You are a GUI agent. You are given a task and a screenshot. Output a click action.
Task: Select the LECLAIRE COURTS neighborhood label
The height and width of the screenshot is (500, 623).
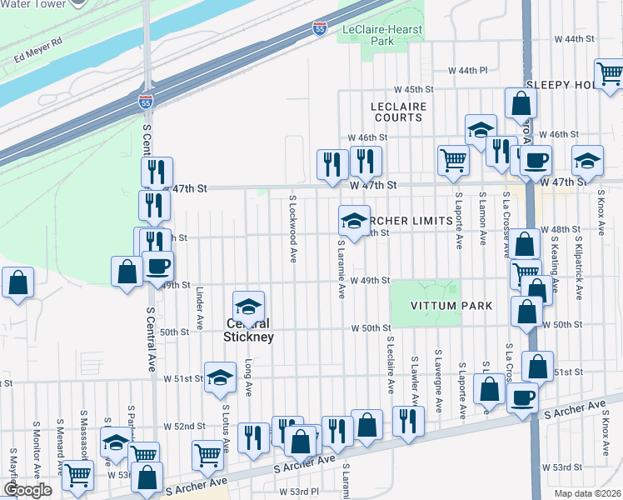pos(399,112)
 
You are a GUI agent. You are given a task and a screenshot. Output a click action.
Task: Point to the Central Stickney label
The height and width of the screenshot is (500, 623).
pos(247,330)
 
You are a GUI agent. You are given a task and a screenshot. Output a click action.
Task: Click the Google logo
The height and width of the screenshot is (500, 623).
pos(27,490)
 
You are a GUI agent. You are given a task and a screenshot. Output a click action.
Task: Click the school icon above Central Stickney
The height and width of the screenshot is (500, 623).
pos(248,306)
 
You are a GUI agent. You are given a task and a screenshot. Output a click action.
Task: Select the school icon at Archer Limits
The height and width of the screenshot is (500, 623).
pos(354,220)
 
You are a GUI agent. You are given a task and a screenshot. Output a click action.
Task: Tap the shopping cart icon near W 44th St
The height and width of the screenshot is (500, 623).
pos(611,74)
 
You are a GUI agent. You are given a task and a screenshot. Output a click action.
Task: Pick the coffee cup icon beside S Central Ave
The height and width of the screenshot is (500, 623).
pos(157,267)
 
